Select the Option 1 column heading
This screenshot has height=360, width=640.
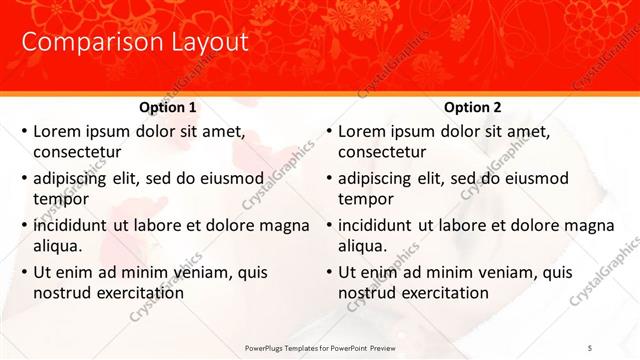(x=167, y=107)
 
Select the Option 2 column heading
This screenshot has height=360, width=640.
(x=472, y=107)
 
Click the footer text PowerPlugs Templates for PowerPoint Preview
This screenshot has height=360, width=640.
(x=328, y=347)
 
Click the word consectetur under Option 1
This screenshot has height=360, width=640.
(x=77, y=152)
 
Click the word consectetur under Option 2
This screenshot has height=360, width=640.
(x=382, y=152)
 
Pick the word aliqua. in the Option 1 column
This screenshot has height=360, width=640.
(x=59, y=246)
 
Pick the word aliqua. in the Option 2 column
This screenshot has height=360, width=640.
(x=364, y=246)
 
